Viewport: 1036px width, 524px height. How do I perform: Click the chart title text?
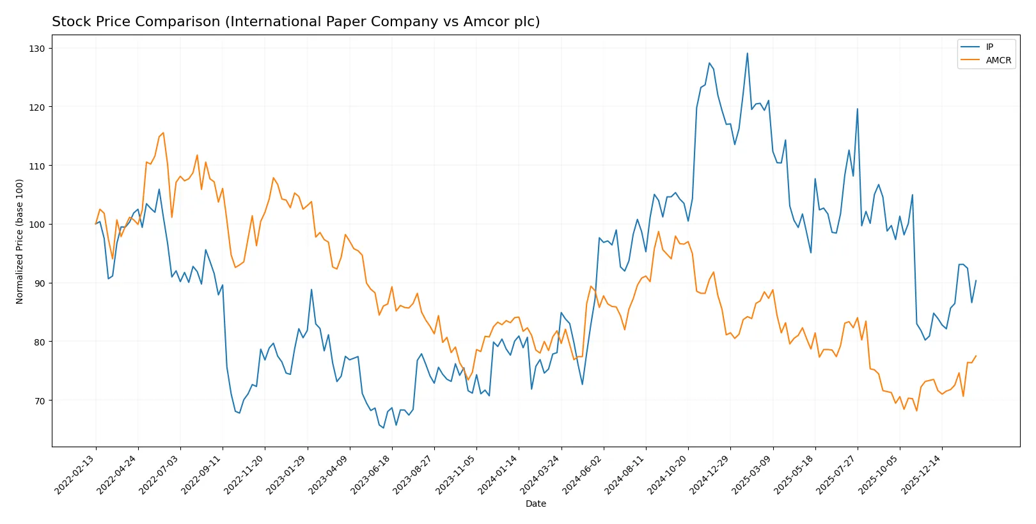tap(295, 22)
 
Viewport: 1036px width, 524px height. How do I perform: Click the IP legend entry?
tap(989, 47)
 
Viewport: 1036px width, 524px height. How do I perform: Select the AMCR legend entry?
tap(998, 60)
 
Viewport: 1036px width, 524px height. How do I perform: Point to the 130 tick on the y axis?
tap(37, 49)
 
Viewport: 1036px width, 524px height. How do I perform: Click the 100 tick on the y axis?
tap(37, 225)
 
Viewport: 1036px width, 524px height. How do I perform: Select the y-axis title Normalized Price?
tap(20, 241)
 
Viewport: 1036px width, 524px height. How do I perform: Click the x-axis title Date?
tap(535, 504)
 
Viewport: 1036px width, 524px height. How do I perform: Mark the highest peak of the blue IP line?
tap(747, 54)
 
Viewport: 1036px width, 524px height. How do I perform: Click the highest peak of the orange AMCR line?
tap(163, 133)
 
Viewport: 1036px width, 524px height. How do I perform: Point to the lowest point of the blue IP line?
tap(383, 427)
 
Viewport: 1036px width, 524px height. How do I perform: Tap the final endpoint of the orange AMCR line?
tap(975, 356)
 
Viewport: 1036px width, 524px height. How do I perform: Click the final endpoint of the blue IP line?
tap(975, 280)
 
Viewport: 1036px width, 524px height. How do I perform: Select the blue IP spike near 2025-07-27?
tap(857, 109)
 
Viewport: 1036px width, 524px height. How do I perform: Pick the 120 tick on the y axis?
tap(37, 107)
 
